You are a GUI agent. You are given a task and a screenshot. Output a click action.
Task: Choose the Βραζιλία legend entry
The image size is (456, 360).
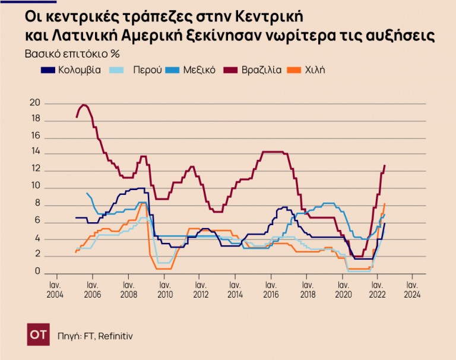point(261,70)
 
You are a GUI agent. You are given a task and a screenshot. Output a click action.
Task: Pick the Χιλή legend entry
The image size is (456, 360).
point(314,70)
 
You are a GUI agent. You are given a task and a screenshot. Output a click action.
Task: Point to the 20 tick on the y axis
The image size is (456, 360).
point(35,103)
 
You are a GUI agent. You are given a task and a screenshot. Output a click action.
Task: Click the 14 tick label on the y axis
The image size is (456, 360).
point(35,154)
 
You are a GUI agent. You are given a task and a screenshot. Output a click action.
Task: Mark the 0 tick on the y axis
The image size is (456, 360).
point(37,273)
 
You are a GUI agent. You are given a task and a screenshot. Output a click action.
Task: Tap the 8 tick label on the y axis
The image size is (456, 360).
point(37,205)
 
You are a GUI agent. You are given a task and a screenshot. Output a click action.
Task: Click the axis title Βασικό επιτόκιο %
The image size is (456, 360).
point(72,53)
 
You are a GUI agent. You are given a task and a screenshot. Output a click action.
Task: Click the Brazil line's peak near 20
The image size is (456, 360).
point(84,105)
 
